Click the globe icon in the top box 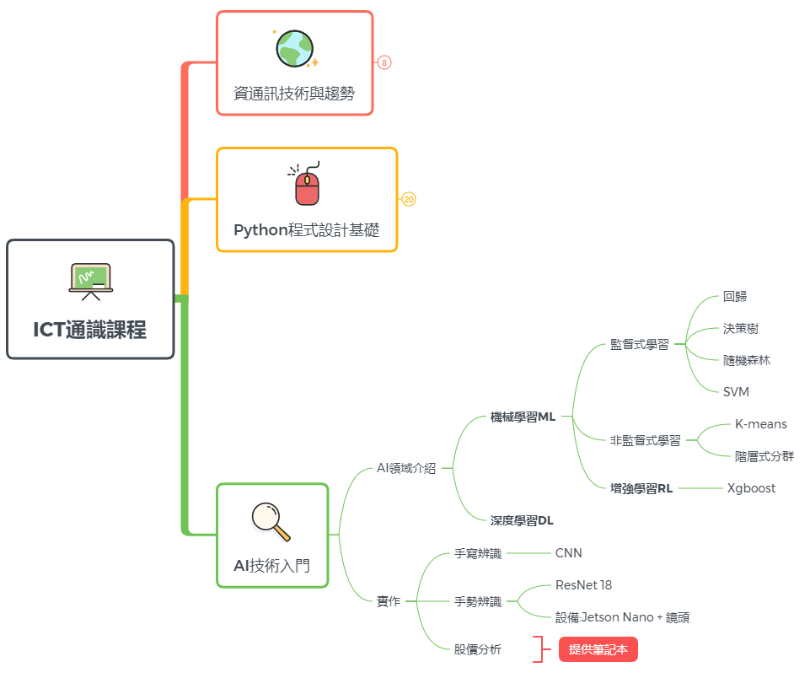[295, 48]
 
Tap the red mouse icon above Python [307, 185]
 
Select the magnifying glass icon [271, 521]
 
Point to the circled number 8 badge [384, 62]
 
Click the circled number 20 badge [409, 200]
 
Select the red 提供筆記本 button [598, 649]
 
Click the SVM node [736, 391]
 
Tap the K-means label [760, 424]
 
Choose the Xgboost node [751, 488]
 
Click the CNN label [568, 553]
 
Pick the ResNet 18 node [583, 584]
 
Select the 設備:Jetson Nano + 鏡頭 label [622, 617]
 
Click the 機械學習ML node [523, 417]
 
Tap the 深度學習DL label [522, 520]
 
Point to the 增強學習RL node [641, 488]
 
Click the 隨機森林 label [746, 360]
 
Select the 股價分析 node [478, 649]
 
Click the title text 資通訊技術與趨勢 [294, 94]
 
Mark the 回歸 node [735, 296]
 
